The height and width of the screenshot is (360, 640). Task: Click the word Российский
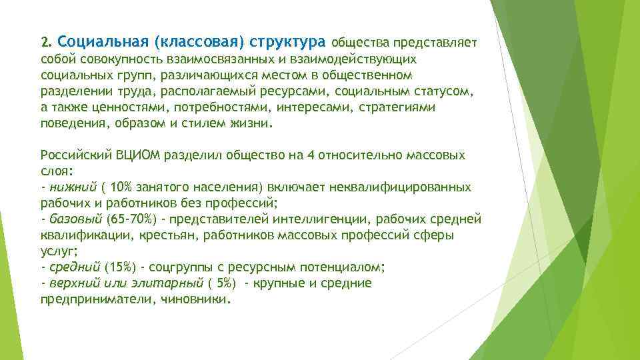pos(71,155)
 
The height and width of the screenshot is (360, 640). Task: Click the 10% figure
pos(123,187)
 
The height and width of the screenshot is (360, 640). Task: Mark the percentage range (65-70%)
pos(125,219)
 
